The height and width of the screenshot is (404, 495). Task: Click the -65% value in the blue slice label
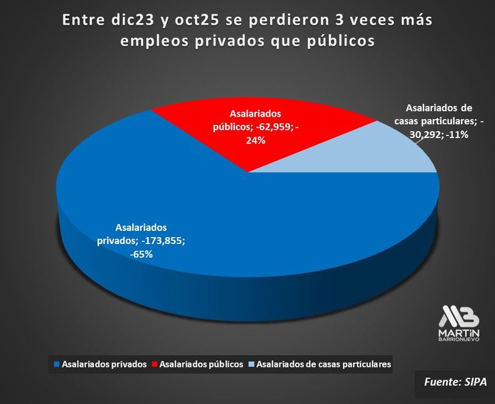142,254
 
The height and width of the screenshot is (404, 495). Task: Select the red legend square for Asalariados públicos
155,364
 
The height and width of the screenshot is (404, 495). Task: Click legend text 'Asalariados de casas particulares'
324,364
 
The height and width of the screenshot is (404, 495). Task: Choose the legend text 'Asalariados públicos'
201,364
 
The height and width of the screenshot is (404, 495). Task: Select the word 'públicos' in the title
339,40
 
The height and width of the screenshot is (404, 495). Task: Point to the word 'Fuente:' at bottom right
442,380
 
